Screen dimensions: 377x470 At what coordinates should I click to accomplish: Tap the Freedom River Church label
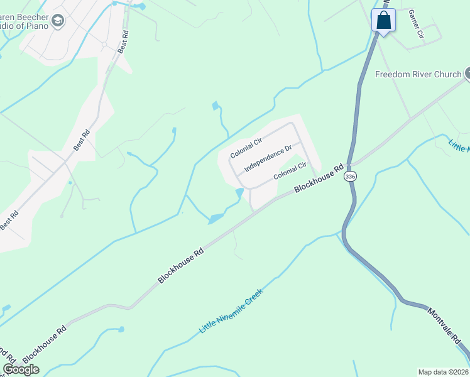point(418,74)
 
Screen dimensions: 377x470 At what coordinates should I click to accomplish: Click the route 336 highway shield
point(350,178)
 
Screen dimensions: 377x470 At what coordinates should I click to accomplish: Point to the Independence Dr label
point(268,158)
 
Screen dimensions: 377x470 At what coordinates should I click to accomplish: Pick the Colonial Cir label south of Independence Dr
point(290,172)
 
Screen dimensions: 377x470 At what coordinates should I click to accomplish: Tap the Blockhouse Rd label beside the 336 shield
point(321,179)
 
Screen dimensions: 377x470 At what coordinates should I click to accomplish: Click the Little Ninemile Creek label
point(230,312)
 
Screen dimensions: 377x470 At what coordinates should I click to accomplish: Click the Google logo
point(21,369)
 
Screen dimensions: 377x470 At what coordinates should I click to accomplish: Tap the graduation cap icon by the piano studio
point(58,21)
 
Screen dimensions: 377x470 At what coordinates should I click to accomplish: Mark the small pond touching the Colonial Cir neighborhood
point(239,192)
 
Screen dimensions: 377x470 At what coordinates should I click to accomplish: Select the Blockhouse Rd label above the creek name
point(181,265)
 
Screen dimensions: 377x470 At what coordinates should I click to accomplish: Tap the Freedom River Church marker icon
point(467,74)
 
